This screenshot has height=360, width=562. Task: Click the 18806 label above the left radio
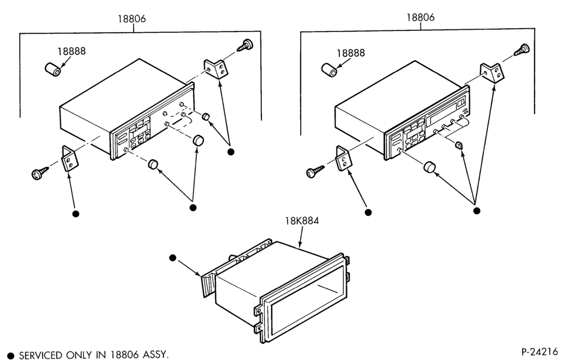(x=132, y=19)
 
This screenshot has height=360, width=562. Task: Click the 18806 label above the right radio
(x=420, y=17)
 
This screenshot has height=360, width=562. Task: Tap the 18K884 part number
(x=302, y=220)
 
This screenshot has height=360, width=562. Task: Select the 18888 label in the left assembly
(x=72, y=51)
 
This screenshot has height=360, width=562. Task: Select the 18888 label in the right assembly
(x=351, y=53)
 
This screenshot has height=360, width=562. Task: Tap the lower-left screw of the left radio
(x=40, y=173)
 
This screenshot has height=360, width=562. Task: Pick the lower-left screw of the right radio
(x=315, y=172)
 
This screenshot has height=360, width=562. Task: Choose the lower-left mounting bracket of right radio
(x=343, y=157)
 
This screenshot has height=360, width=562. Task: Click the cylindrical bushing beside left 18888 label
(x=53, y=69)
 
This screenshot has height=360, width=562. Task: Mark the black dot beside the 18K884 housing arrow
(x=173, y=258)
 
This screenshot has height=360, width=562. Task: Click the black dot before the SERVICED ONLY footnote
(x=11, y=355)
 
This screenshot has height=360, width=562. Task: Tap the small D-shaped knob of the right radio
(x=459, y=145)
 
